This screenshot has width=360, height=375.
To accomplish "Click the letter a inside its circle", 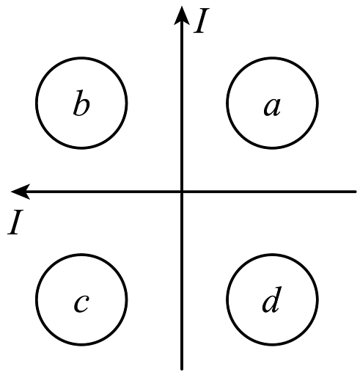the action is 272,107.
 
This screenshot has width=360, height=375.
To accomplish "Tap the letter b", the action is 81,103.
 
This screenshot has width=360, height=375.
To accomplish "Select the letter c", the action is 81,304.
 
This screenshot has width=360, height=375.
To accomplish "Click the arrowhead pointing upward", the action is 182,15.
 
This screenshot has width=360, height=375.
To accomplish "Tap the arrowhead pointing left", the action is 21,192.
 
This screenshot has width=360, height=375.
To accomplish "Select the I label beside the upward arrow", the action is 202,21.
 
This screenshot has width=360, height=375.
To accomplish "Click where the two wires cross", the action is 182,192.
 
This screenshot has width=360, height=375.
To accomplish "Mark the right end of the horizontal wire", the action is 356,192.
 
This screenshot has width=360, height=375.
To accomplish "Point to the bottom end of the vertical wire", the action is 182,368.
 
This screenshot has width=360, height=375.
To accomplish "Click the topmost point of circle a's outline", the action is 272,58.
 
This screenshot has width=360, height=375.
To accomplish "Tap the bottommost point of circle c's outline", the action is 81,344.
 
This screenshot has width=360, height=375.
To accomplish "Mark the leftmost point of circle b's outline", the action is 37,103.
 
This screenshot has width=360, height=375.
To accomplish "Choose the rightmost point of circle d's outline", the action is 317,299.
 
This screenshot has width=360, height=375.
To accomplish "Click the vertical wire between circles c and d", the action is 182,299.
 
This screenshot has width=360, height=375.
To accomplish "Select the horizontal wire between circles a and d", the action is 272,192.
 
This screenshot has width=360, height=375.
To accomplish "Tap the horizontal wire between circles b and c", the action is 81,192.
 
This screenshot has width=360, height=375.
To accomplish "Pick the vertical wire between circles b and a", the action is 182,103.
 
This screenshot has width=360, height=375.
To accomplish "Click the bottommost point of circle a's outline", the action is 272,148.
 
